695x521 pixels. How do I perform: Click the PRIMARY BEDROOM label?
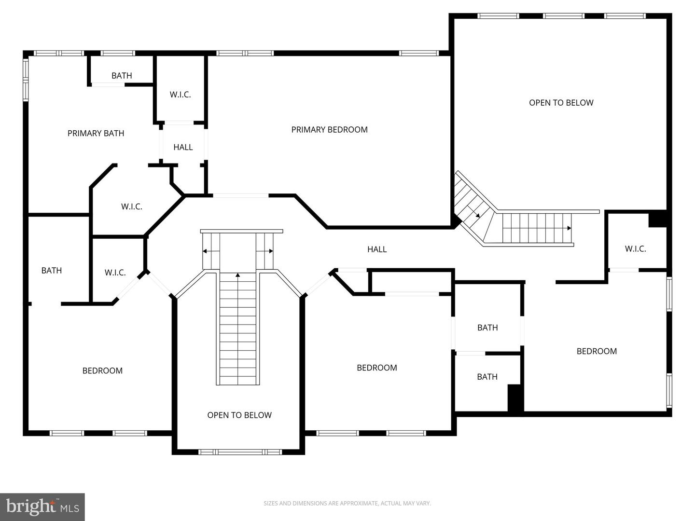click(x=329, y=129)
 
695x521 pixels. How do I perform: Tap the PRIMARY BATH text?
click(x=96, y=133)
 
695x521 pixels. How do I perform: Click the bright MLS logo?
click(x=42, y=507)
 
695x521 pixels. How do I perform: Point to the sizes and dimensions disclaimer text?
click(x=347, y=503)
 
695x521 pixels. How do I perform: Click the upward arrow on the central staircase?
click(x=237, y=275)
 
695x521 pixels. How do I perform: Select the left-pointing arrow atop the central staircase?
click(x=205, y=251)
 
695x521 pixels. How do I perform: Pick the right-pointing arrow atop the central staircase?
click(x=271, y=251)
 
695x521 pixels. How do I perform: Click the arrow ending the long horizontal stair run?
click(x=569, y=228)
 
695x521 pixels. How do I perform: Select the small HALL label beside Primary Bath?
click(x=183, y=147)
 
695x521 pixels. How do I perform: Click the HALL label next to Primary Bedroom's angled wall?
click(x=377, y=249)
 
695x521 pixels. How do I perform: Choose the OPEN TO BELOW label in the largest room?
click(x=561, y=102)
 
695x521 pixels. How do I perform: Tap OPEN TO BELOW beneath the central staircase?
click(x=239, y=415)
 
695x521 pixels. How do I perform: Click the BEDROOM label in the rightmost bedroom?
click(x=597, y=351)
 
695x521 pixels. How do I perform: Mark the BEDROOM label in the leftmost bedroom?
click(x=102, y=370)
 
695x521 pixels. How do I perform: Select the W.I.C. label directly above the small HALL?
click(x=180, y=95)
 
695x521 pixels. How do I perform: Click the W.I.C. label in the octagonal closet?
click(x=131, y=206)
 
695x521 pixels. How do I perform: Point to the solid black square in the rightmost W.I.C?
click(x=657, y=219)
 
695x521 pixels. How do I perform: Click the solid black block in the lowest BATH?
click(x=515, y=398)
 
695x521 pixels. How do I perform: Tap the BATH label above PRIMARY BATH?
click(x=122, y=75)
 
